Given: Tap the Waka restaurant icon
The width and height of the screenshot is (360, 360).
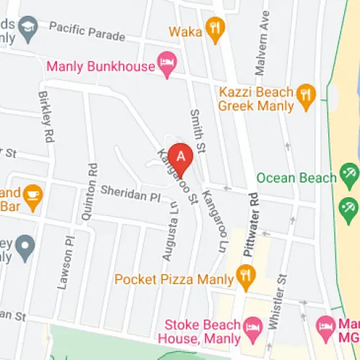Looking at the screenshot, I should pos(214,30).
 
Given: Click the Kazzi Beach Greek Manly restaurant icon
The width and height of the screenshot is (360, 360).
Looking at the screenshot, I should pos(307,98).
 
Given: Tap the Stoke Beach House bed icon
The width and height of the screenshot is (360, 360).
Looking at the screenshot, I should pos(253,329).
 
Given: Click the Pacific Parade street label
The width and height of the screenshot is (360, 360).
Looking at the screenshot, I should pos(88,32).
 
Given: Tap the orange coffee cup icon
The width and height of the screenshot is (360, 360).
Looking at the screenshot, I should pos(32,195).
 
